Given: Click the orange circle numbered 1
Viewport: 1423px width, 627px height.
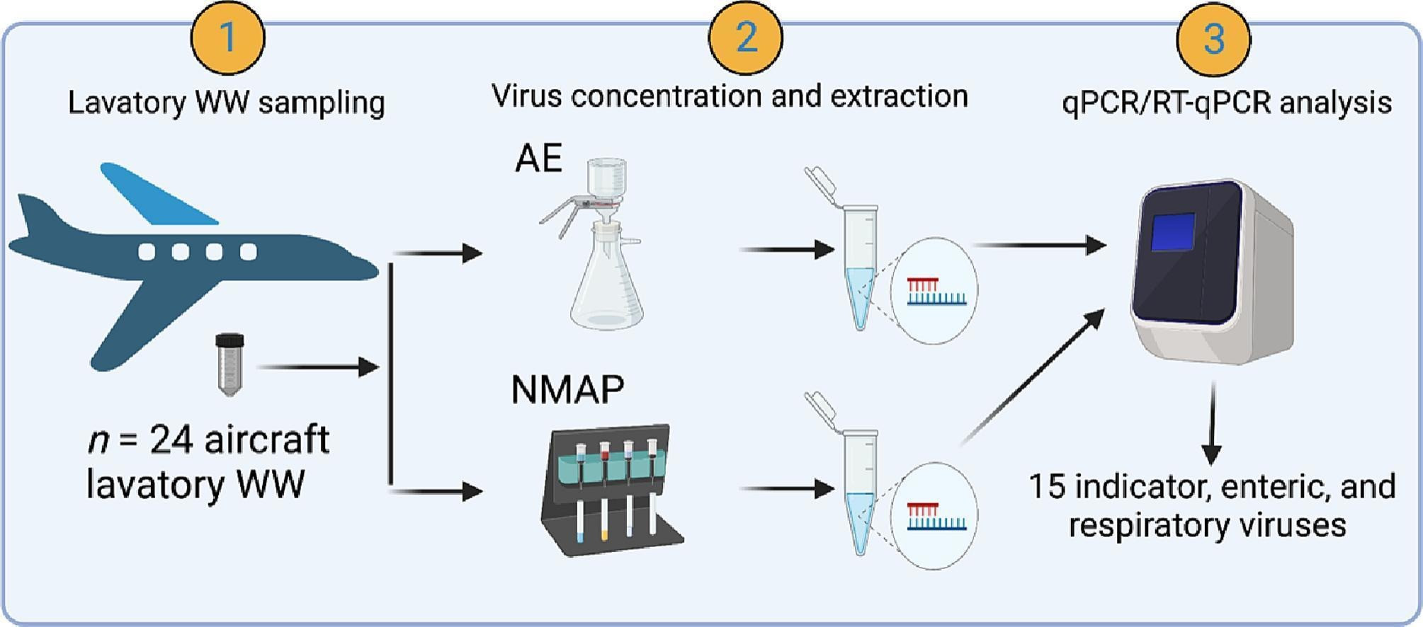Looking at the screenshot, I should (227, 38).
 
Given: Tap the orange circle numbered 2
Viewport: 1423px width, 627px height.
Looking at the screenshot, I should (746, 38).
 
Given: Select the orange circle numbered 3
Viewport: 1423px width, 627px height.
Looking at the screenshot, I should (1213, 39).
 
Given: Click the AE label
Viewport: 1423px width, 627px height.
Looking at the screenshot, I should (538, 158).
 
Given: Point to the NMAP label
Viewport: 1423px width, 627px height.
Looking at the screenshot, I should (567, 389).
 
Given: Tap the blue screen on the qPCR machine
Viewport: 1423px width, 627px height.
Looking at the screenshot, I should (1172, 232).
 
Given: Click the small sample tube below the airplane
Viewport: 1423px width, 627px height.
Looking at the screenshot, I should (229, 364).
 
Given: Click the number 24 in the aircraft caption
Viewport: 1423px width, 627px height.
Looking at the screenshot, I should (171, 440).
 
